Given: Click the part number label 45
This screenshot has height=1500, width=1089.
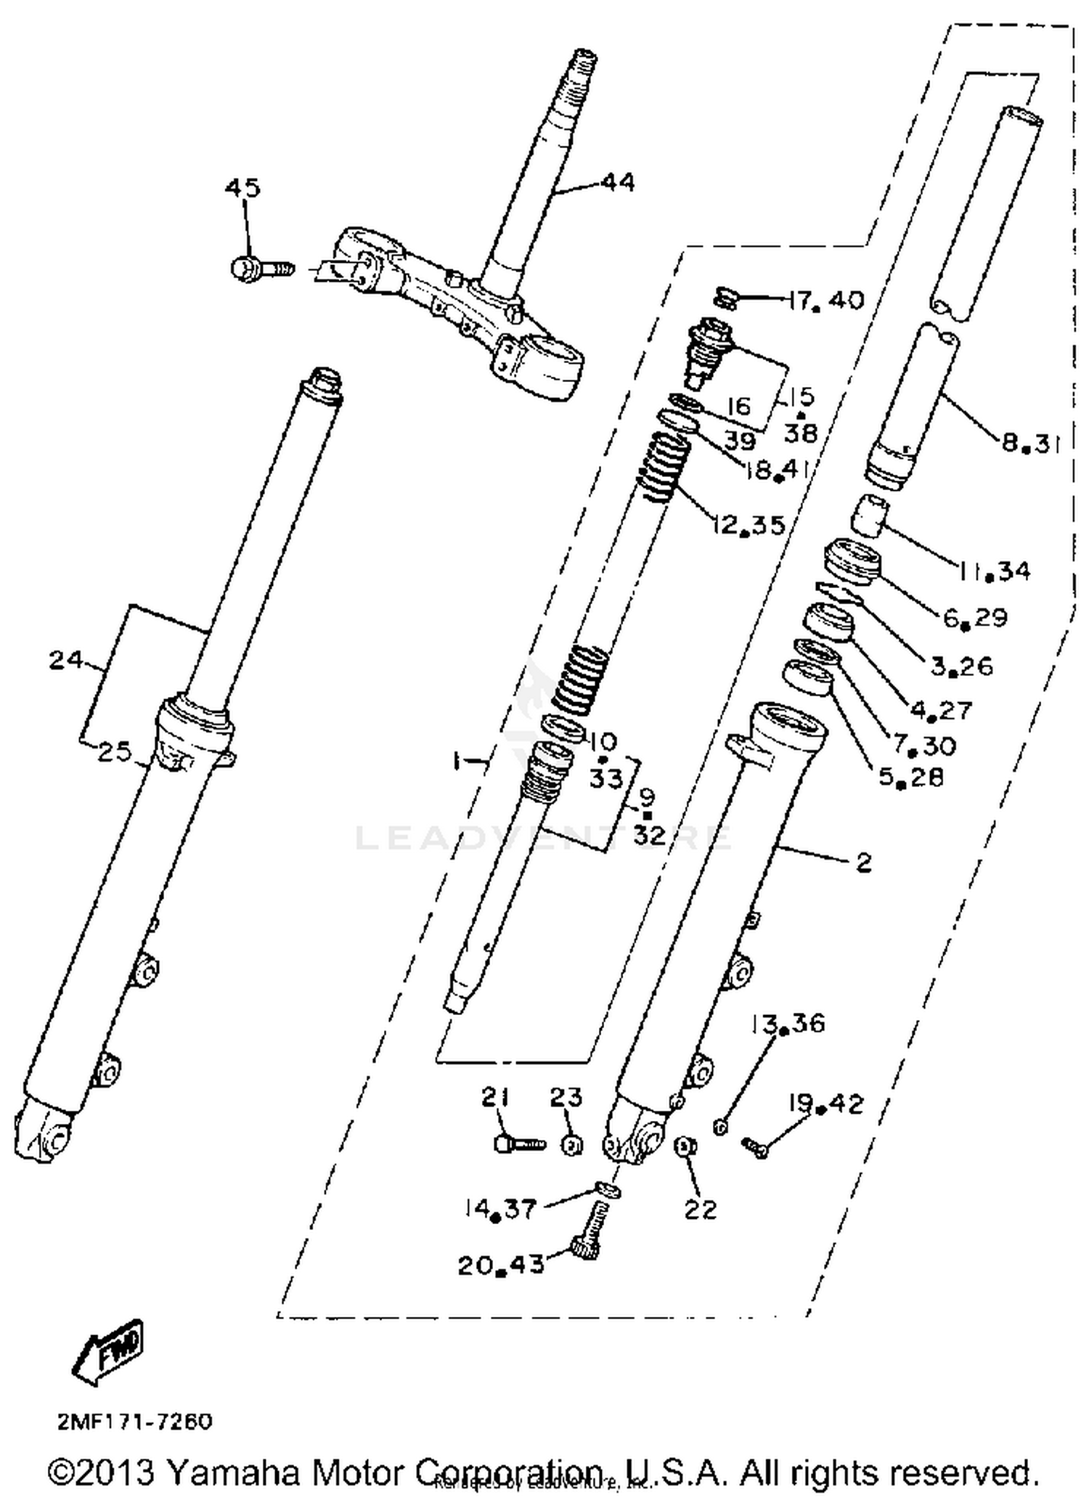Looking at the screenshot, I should coord(242,188).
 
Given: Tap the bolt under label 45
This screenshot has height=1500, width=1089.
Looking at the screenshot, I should coord(261,269).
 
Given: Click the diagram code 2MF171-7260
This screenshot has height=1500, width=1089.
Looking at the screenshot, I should coord(135,1421).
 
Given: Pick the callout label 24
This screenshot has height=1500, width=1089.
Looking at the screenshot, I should coord(66,661).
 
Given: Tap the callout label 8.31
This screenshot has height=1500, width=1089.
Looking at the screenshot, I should coord(1030,442).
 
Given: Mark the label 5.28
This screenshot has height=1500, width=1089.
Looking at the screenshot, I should coord(911,778).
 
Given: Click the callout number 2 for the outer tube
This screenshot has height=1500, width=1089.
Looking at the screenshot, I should coord(863,863).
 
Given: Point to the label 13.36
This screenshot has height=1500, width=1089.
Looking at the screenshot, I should coord(788,1024).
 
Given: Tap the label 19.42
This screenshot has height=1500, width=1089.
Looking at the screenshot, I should coord(827,1104).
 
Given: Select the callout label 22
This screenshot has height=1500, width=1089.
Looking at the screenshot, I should coord(700,1209).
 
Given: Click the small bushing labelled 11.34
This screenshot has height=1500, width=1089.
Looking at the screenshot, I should coord(870,516).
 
